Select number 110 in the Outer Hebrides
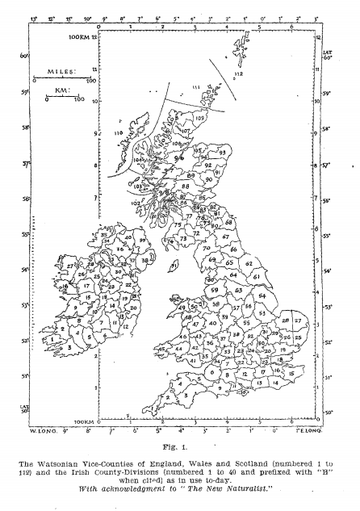tap(119, 132)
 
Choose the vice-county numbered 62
tap(249, 263)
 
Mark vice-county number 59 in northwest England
tap(215, 290)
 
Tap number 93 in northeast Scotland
tap(222, 153)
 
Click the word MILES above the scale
tap(61, 71)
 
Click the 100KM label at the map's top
tap(82, 38)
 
